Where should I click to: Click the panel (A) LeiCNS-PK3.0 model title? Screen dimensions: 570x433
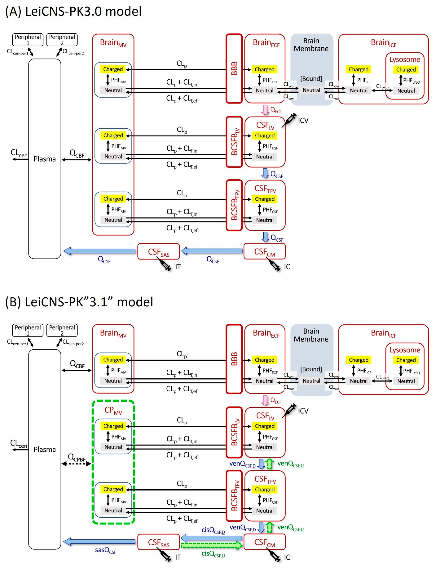73,11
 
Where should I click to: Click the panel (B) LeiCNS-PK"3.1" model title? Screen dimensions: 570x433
79,302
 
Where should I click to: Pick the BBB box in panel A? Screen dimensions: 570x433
234,69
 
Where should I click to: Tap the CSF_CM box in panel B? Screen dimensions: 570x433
264,542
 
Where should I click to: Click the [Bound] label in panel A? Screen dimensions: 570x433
311,79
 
